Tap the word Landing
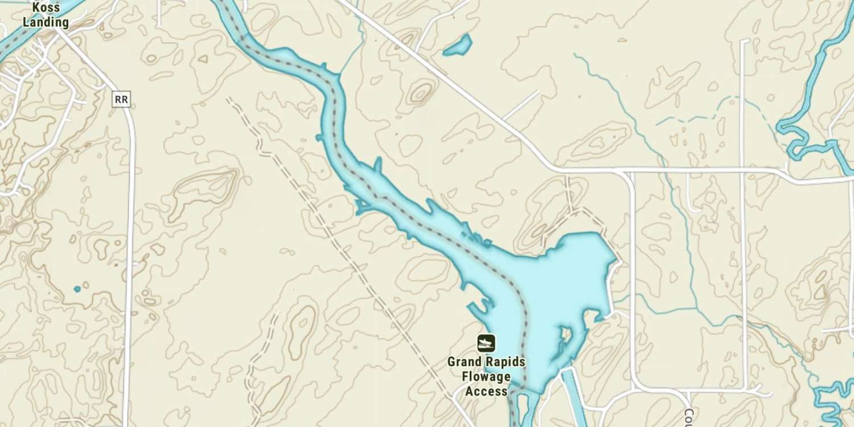46,23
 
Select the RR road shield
121,100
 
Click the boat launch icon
486,343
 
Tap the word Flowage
486,376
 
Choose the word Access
486,391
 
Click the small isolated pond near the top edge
458,46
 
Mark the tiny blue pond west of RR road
77,289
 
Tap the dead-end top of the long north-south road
744,41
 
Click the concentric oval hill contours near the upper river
421,93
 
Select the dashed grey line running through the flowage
433,228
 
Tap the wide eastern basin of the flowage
569,273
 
